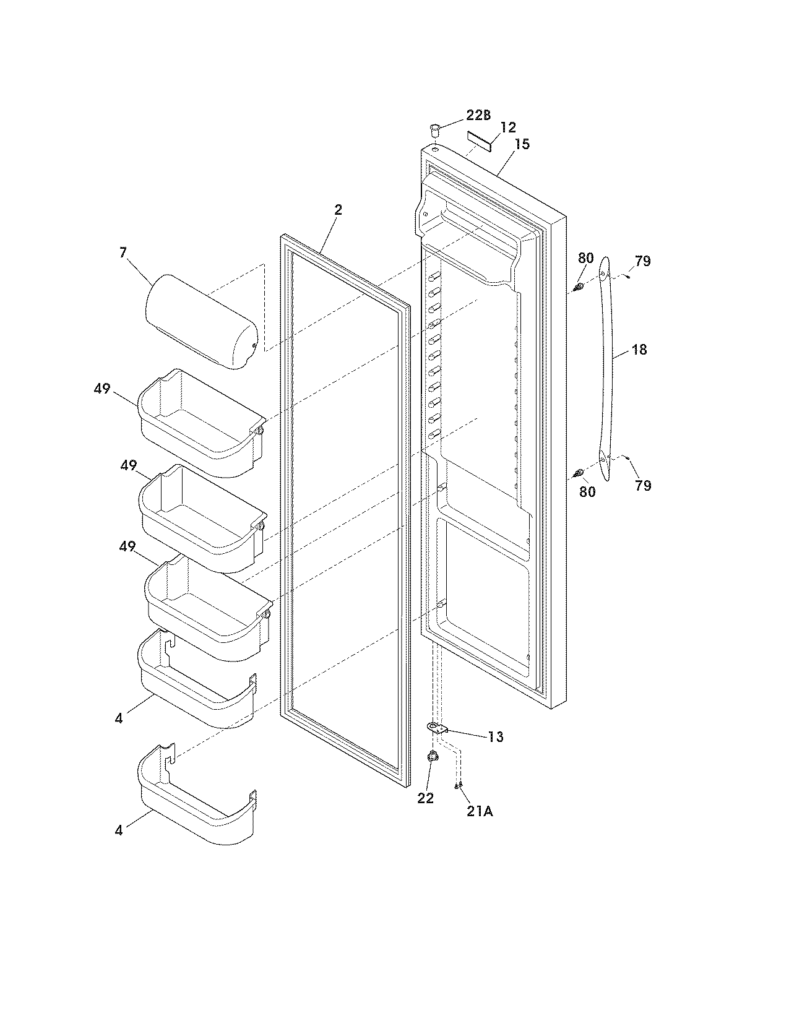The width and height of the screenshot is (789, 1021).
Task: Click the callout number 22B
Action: (x=478, y=116)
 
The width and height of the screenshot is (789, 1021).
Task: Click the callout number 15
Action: (x=522, y=144)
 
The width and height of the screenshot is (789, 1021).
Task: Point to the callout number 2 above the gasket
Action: (x=338, y=210)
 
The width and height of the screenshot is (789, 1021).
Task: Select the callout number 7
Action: (x=123, y=252)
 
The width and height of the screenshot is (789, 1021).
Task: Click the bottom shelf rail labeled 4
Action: (x=196, y=798)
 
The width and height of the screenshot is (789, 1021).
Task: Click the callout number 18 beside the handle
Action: (x=639, y=350)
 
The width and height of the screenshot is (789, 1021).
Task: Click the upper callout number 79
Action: (x=643, y=261)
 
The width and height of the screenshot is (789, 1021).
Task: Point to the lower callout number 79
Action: (x=643, y=485)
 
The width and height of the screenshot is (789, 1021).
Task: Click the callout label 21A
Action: (x=480, y=811)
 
